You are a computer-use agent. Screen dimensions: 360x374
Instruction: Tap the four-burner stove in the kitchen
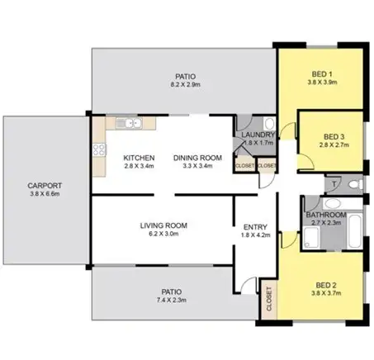pos(99,150)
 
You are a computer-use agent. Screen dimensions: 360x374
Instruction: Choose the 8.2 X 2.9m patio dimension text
pos(185,84)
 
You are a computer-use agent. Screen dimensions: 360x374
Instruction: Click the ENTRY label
pos(253,229)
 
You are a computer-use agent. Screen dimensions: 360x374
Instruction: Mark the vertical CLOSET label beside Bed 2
pos(267,303)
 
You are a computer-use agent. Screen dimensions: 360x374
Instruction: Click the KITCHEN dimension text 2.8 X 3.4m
pos(140,166)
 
